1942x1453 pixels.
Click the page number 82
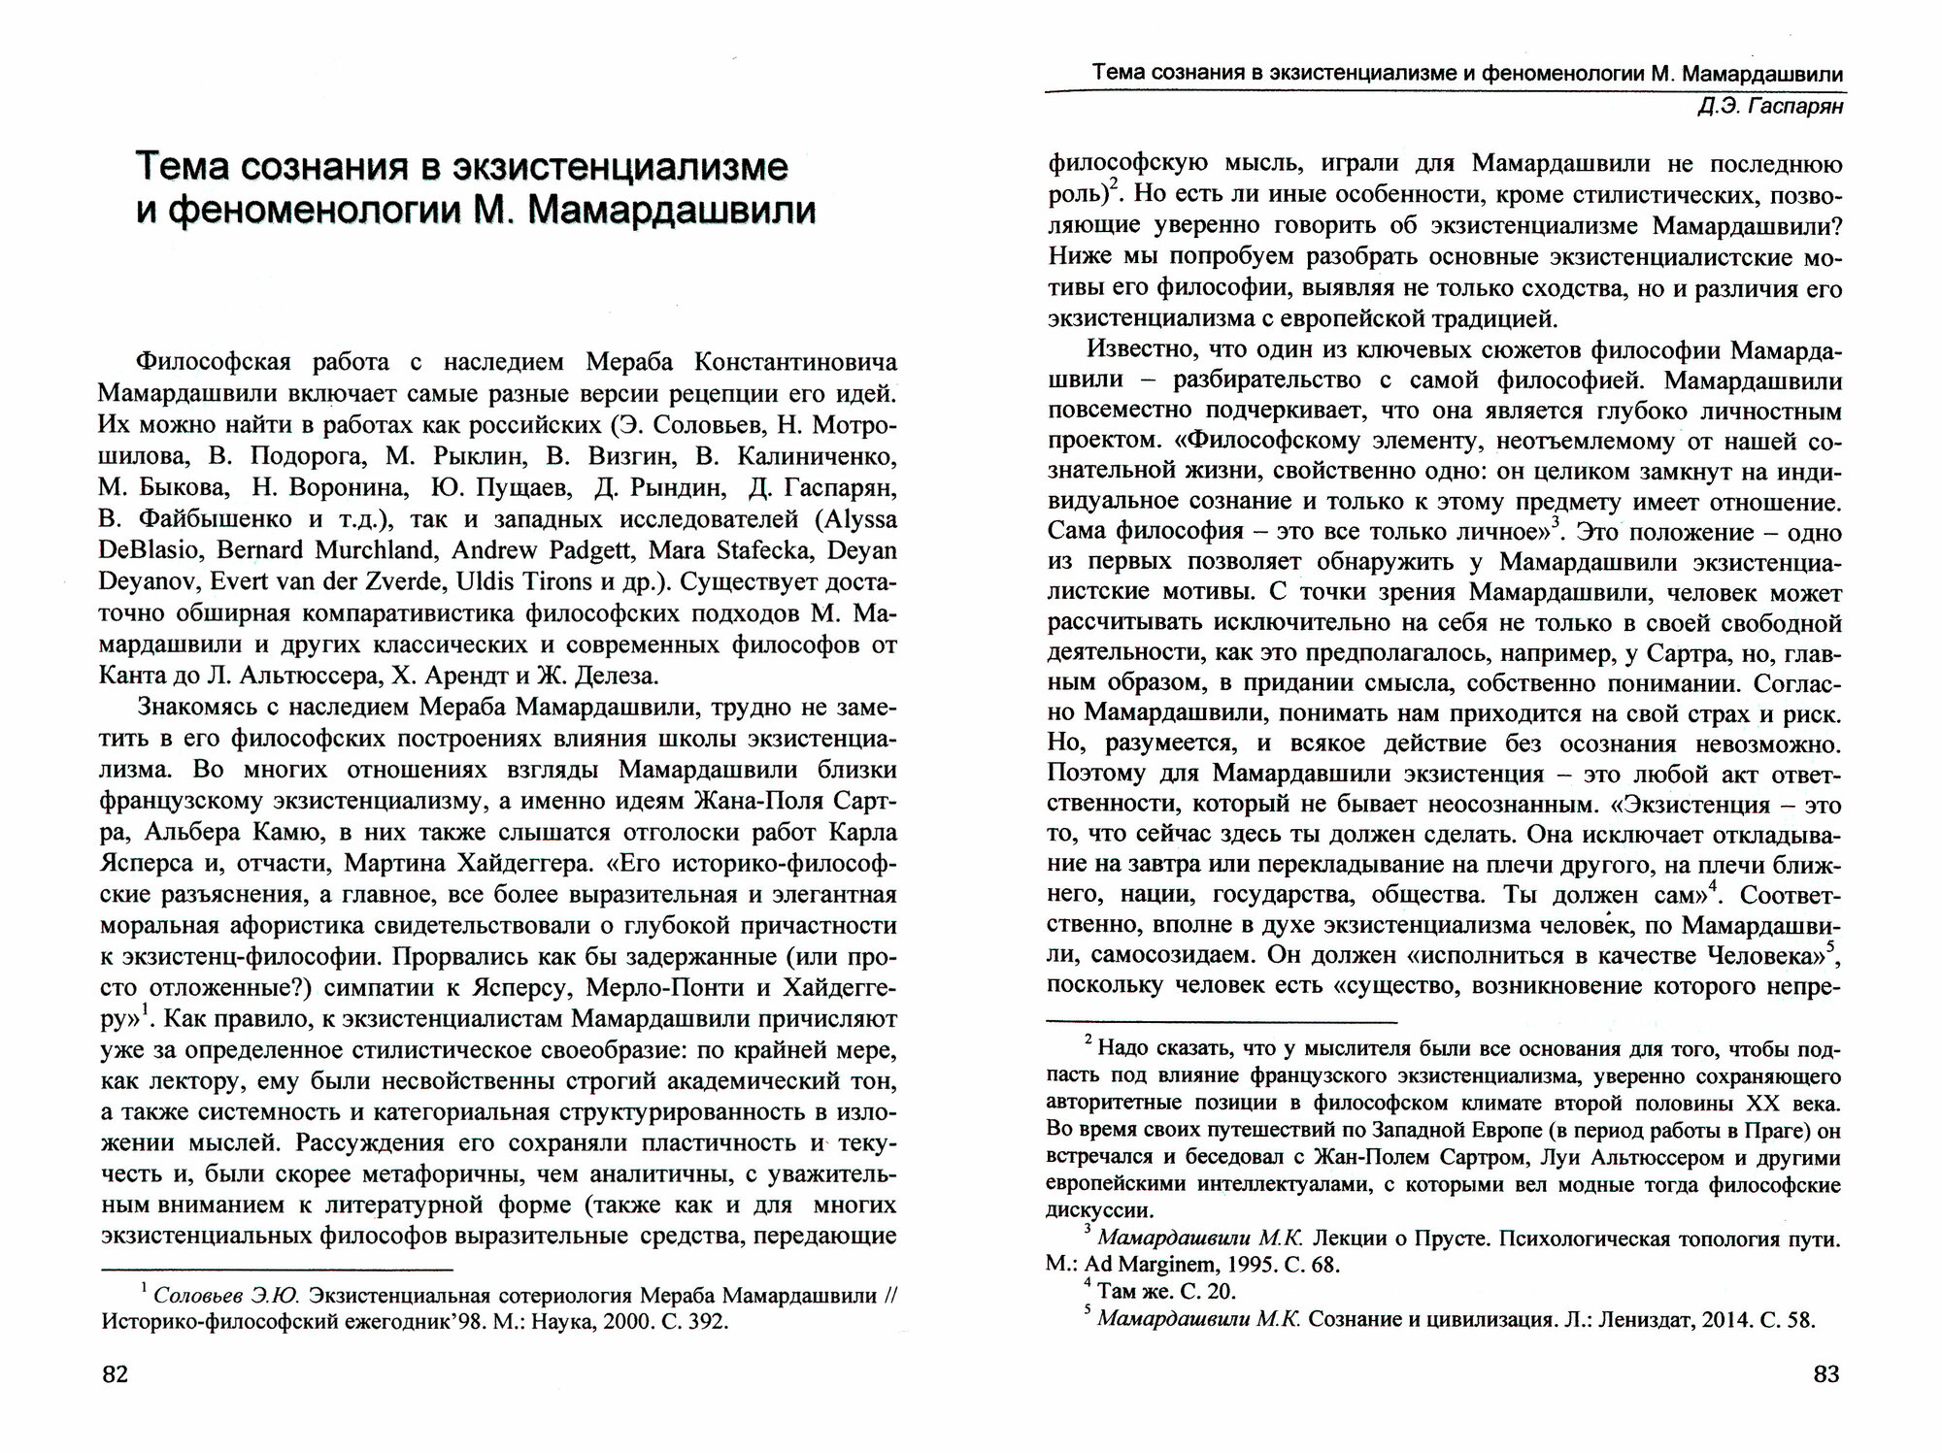point(115,1374)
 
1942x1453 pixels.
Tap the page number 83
point(1825,1374)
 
